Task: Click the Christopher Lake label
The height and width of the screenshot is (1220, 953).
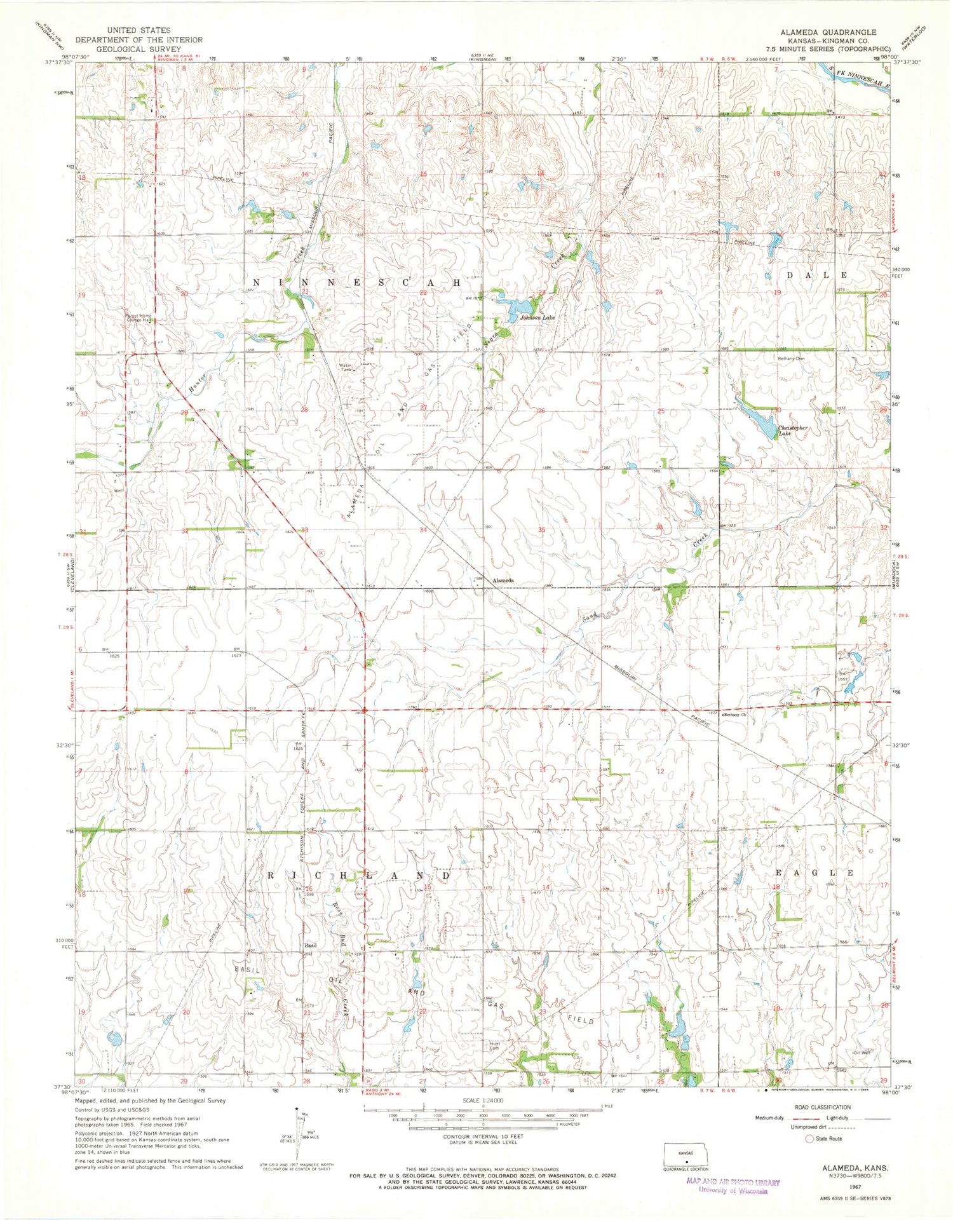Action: pyautogui.click(x=792, y=431)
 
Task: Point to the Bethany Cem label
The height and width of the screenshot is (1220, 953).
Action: pyautogui.click(x=791, y=358)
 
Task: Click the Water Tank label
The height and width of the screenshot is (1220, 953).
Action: pyautogui.click(x=346, y=367)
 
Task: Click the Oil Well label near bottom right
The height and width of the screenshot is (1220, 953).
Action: pyautogui.click(x=860, y=1053)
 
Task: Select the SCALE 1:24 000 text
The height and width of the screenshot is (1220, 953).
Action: pyautogui.click(x=480, y=1101)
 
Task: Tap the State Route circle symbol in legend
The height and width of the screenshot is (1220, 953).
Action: pyautogui.click(x=809, y=1139)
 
